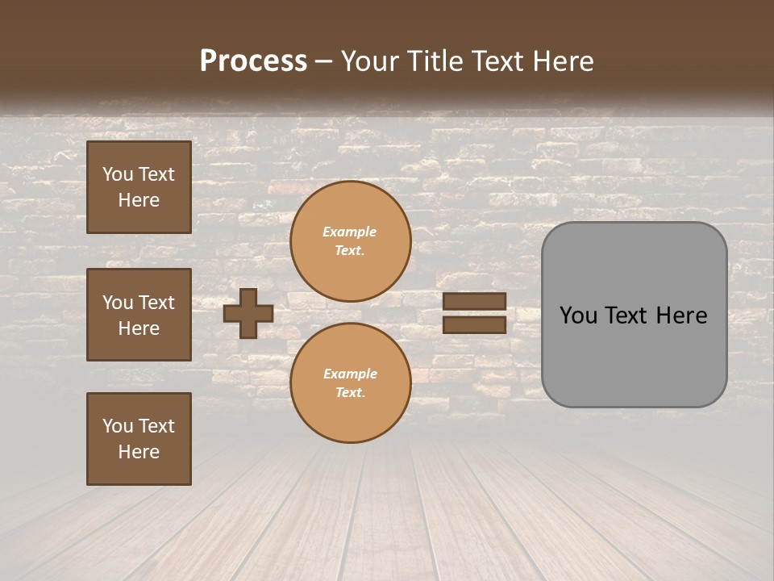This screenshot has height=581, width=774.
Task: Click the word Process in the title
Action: click(x=253, y=61)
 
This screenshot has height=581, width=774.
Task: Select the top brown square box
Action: click(x=139, y=187)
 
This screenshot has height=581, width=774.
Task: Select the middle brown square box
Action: click(x=139, y=315)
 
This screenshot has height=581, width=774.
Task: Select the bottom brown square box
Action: click(x=139, y=439)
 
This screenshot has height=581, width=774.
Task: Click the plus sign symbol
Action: click(x=248, y=313)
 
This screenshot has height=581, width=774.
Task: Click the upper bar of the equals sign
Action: click(x=475, y=301)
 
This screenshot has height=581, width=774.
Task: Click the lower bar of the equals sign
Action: click(x=475, y=324)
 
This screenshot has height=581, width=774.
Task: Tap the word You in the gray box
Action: click(x=578, y=316)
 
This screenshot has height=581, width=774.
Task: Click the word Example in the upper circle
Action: click(x=350, y=232)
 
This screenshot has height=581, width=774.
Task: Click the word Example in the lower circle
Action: click(x=350, y=374)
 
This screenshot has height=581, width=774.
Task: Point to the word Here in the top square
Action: click(x=139, y=200)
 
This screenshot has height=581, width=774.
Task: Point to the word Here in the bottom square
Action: click(x=139, y=452)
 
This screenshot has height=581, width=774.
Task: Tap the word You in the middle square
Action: click(x=118, y=303)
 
